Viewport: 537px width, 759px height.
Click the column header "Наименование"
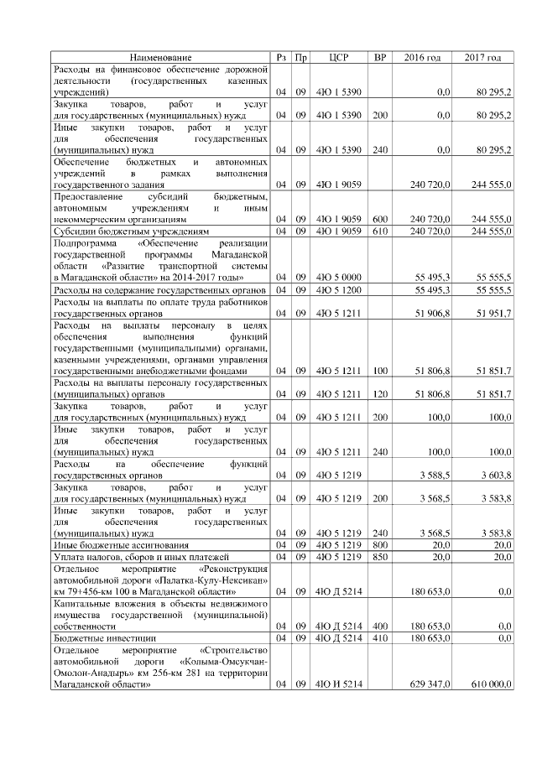coord(161,57)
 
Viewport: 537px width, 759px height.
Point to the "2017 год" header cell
coord(482,57)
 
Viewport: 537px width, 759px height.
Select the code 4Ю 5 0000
coord(338,276)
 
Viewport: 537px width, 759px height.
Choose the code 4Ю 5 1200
coord(338,289)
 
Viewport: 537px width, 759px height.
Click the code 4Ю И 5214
coord(338,684)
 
